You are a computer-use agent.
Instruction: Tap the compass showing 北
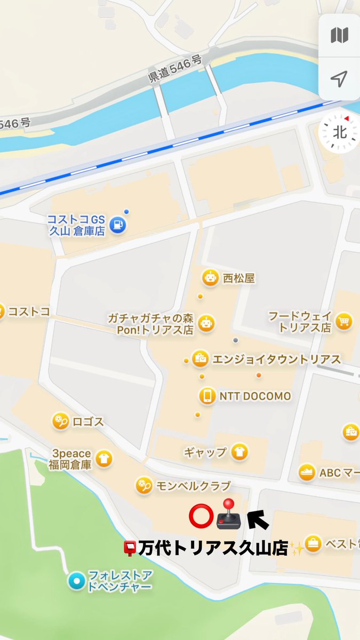[339, 132]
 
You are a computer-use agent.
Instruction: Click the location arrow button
[339, 79]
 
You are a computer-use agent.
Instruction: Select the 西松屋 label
[239, 278]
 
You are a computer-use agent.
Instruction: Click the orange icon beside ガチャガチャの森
[206, 323]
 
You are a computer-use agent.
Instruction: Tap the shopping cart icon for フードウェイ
[345, 321]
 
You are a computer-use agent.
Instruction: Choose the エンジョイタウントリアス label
[276, 359]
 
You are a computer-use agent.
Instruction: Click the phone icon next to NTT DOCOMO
[207, 396]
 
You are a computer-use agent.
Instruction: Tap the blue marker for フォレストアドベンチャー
[76, 580]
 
